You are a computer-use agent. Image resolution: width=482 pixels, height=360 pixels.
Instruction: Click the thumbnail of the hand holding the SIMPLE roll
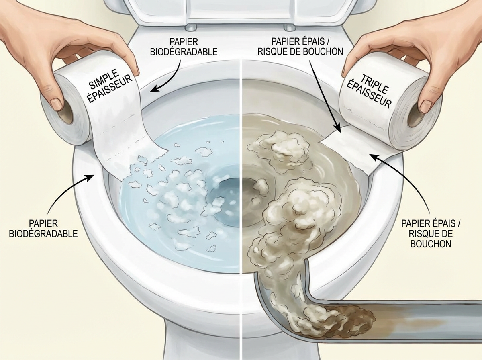[57, 104]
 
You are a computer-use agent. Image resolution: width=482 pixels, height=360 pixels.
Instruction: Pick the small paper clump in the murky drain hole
[261, 185]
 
